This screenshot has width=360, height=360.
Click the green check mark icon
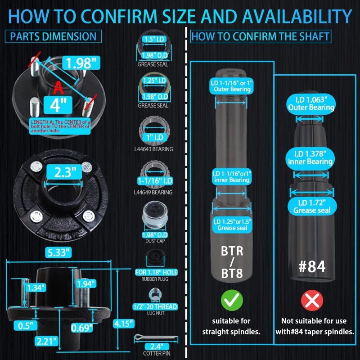click(232, 300)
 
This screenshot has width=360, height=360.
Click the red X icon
click(312, 300)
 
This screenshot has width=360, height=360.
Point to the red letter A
click(58, 88)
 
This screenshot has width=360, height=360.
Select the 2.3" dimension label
click(64, 172)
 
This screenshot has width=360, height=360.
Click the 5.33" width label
click(58, 252)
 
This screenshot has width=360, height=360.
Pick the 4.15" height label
click(123, 324)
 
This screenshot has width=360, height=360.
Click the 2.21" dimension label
click(46, 342)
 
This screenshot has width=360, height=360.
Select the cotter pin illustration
click(156, 337)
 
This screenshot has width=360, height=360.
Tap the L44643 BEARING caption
click(154, 149)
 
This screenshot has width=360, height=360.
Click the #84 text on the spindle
click(312, 266)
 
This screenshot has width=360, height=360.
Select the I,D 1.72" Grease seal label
click(312, 207)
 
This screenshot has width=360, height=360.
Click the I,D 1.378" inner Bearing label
click(310, 158)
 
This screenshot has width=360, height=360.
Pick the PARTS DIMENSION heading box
click(53, 36)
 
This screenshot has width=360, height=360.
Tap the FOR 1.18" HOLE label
click(156, 272)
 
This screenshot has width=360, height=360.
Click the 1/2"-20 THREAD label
click(155, 306)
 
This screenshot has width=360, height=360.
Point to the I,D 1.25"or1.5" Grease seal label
click(232, 225)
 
